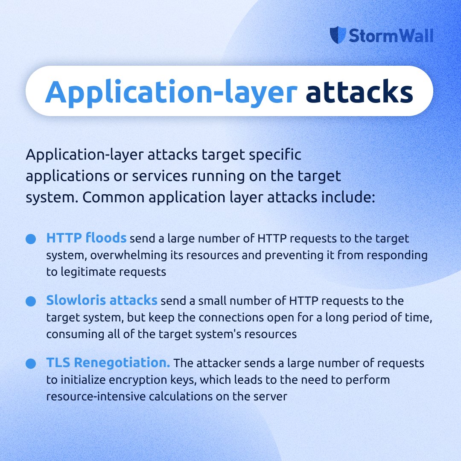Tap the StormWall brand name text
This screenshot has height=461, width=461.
(391, 36)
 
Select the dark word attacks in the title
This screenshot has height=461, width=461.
(359, 91)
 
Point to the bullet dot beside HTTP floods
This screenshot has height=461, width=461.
(30, 239)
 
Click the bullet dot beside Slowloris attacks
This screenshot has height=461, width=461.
(30, 301)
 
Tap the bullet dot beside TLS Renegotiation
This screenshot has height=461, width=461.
(30, 364)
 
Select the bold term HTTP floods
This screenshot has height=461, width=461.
(86, 238)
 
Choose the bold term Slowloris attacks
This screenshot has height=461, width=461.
(102, 301)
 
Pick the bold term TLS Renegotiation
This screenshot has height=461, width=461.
(108, 363)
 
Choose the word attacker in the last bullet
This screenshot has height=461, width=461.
(216, 364)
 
